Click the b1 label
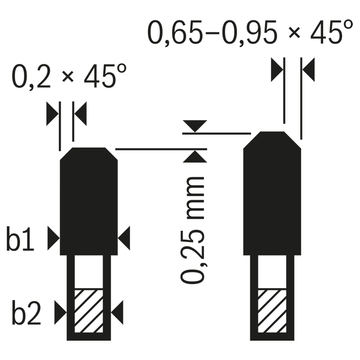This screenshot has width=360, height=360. coord(20,239)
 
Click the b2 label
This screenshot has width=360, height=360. coord(27,312)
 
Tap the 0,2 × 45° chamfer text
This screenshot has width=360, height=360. coord(69,76)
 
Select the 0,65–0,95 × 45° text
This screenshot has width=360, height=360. coord(250,32)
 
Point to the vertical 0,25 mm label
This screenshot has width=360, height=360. coord(193,230)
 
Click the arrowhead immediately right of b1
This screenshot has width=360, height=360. coord(54,238)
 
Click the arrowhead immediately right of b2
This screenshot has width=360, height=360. coord(61,312)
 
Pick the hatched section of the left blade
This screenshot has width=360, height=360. coord(89,311)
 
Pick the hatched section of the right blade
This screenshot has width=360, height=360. coord(272,311)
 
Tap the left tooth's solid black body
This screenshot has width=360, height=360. coord(89,201)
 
